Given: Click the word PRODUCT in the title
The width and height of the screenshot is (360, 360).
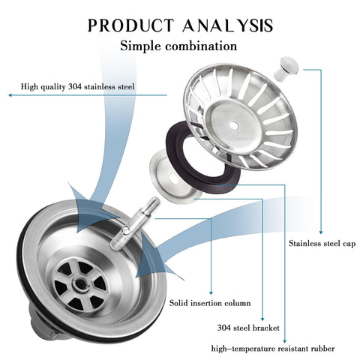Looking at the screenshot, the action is [x=130, y=25].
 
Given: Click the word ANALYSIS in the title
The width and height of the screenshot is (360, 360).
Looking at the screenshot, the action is [x=227, y=25].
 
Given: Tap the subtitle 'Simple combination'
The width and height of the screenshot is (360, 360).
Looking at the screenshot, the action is [x=178, y=46].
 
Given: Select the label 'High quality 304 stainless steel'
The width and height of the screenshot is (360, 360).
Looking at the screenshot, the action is [x=77, y=87].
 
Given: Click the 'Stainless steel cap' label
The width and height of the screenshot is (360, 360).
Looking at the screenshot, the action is [x=322, y=244].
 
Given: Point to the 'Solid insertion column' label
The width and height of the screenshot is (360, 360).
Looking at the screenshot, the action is [x=210, y=303].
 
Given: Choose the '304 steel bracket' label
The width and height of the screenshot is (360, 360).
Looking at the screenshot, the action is [x=248, y=328].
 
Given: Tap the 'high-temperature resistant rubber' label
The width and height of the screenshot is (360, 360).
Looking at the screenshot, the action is [x=273, y=349].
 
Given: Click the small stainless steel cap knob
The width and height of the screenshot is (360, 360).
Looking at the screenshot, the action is [x=286, y=68].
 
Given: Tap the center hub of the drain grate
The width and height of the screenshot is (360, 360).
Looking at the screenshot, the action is [x=81, y=283].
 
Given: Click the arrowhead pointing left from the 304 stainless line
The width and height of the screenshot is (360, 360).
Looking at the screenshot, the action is [x=10, y=95].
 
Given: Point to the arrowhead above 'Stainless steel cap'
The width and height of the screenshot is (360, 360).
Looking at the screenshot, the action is [x=321, y=232].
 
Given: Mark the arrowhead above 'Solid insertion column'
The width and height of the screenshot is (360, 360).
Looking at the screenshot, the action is [x=211, y=292].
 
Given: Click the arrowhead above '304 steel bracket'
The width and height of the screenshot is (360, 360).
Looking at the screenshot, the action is [x=262, y=319].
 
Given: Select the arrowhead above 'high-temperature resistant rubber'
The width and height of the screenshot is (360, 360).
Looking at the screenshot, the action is [x=284, y=341].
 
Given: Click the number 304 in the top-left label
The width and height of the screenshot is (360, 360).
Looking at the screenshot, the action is [x=74, y=87].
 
